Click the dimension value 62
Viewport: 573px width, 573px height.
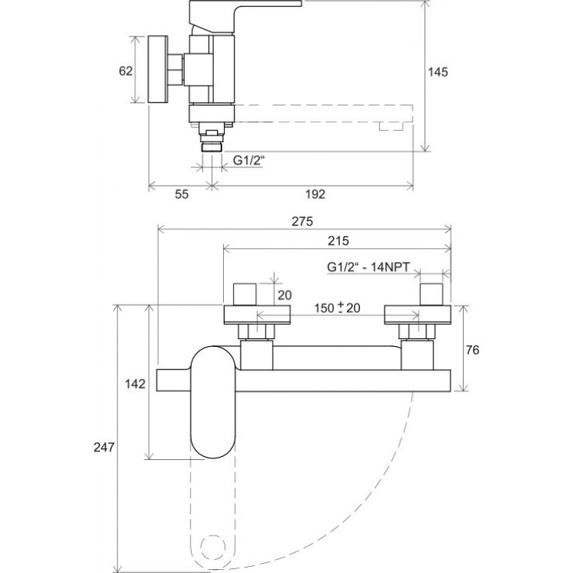pos(126,70)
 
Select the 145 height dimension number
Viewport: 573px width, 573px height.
pos(438,72)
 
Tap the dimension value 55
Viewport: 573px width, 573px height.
pos(182,194)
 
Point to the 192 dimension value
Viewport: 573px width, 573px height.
pos(315,194)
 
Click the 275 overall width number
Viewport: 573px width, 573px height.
pos(303,222)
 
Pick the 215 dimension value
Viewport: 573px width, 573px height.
pos(338,241)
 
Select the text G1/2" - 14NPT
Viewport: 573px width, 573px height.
pos(368,267)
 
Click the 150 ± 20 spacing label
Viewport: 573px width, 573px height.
pos(337,308)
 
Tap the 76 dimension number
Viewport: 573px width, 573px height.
pos(472,350)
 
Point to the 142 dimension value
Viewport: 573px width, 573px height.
pos(135,384)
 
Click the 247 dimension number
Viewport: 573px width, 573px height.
pos(104,447)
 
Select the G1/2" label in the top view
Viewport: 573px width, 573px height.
pos(249,160)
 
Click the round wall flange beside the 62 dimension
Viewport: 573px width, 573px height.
pos(158,70)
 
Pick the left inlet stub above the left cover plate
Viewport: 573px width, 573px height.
pos(245,294)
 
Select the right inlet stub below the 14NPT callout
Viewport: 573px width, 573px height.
pos(431,294)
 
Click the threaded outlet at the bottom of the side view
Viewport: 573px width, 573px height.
pos(212,147)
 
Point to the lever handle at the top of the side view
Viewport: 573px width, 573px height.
pos(244,17)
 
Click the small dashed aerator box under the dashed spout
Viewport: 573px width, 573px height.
pos(391,126)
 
